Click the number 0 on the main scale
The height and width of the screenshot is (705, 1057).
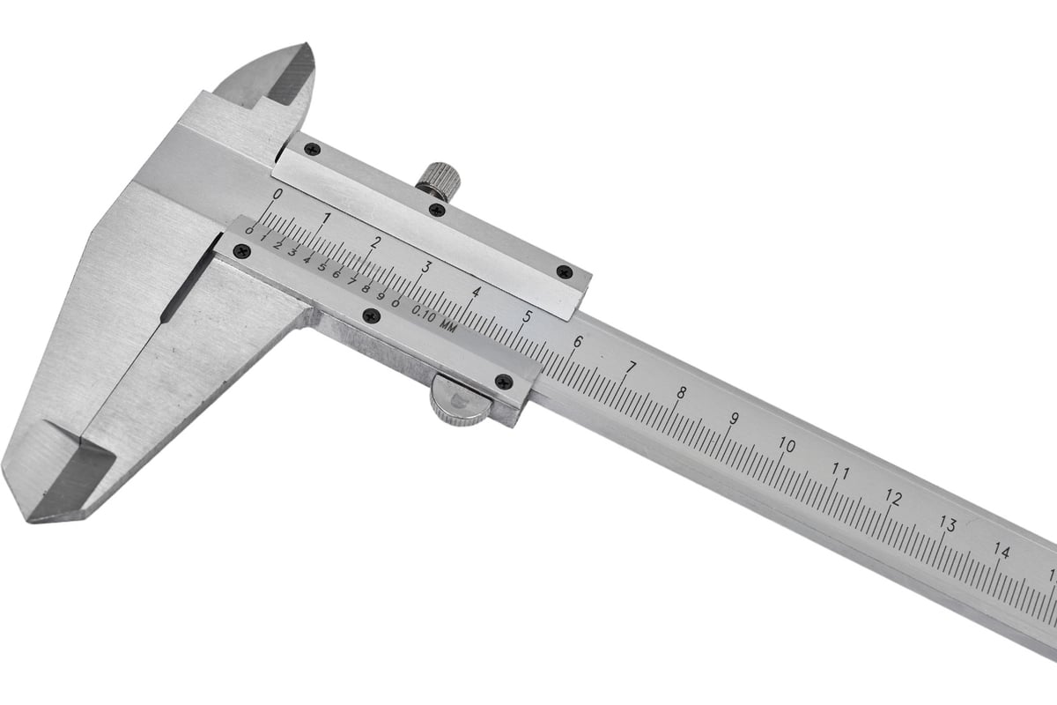coord(277,194)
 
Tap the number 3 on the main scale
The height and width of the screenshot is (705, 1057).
coord(426,266)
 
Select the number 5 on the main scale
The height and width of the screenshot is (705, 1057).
coord(527,316)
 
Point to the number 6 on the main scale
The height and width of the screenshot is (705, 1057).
coord(578,342)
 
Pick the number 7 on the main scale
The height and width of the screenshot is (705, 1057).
coord(630,367)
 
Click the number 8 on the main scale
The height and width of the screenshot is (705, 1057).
coord(681,392)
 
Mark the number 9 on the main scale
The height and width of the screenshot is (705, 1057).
coord(733,419)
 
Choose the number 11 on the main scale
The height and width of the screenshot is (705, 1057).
coord(840,472)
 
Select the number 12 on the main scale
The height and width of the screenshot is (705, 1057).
coord(893,498)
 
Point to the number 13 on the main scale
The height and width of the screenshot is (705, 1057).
coord(947,524)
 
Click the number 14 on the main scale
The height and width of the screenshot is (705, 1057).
coord(1001,551)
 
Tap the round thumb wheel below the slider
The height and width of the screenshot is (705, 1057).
coord(460,403)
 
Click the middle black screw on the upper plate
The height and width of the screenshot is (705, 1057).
coord(435,209)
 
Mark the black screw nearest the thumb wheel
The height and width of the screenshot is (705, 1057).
coord(503,382)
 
